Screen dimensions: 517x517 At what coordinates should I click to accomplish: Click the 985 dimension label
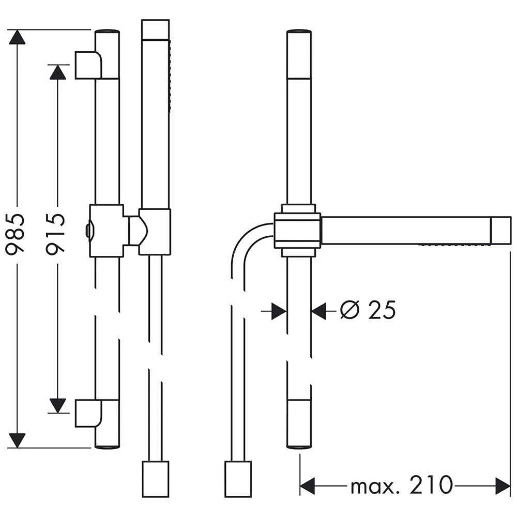(x=16, y=233)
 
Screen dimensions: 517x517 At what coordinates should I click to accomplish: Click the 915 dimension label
(x=55, y=233)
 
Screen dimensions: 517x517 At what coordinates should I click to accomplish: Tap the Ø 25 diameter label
(x=368, y=310)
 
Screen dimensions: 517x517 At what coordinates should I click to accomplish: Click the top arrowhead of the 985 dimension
(x=17, y=37)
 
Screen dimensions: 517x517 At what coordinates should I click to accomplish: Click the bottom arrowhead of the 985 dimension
(x=17, y=440)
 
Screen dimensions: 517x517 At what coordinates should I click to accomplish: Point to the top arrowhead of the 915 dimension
(x=58, y=72)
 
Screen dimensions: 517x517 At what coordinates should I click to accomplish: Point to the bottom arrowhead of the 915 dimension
(x=58, y=405)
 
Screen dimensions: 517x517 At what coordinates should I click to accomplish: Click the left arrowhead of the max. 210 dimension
(x=307, y=485)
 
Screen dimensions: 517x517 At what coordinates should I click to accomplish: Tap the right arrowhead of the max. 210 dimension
(x=503, y=485)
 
